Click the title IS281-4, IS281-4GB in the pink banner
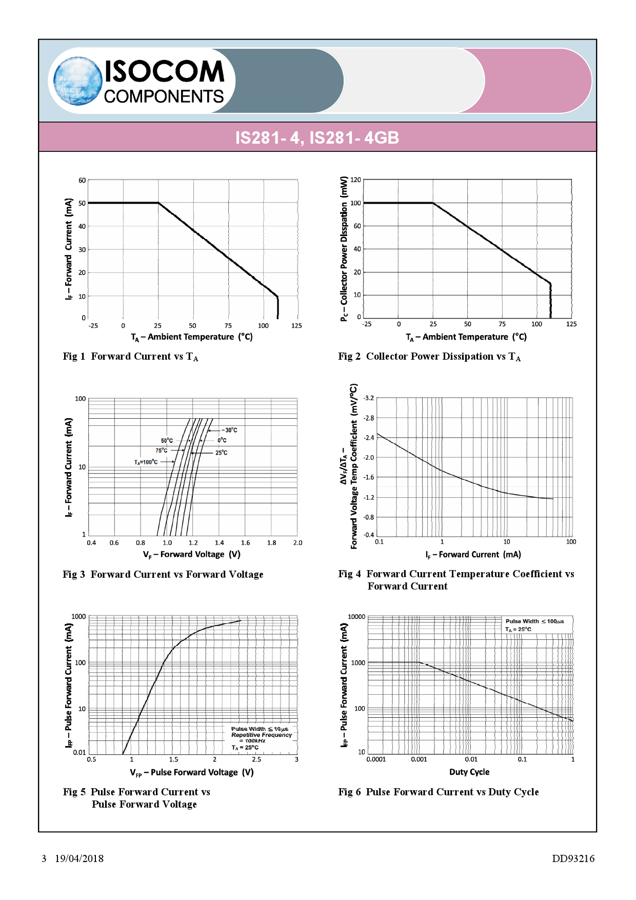[317, 138]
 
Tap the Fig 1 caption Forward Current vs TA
[130, 357]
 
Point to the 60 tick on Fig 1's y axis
[82, 181]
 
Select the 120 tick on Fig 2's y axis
[355, 180]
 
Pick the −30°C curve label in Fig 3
[230, 430]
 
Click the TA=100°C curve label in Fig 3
[146, 462]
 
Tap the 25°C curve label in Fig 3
[221, 453]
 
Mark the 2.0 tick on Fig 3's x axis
[297, 543]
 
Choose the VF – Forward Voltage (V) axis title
[191, 555]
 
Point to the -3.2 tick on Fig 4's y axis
[368, 398]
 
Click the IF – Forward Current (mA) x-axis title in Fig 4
[473, 555]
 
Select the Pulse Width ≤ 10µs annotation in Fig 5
[260, 729]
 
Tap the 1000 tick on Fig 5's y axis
[78, 617]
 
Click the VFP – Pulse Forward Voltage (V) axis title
[191, 773]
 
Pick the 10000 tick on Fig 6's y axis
[356, 617]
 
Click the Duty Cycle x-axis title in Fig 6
[469, 772]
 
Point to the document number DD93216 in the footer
[573, 858]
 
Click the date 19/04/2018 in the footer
[79, 858]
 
